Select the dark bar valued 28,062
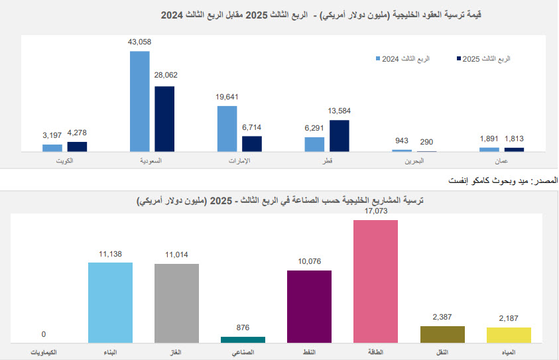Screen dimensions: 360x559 pyautogui.click(x=164, y=119)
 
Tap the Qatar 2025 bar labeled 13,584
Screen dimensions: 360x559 pyautogui.click(x=339, y=136)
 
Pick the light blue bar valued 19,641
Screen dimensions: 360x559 pyautogui.click(x=227, y=129)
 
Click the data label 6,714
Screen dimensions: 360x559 pyautogui.click(x=253, y=127)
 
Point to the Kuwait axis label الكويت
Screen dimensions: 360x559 pyautogui.click(x=64, y=161)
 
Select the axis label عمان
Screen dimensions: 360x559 pyautogui.click(x=501, y=161)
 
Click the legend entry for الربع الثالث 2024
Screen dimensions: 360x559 pyautogui.click(x=405, y=59)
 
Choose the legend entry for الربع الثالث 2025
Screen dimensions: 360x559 pyautogui.click(x=485, y=59)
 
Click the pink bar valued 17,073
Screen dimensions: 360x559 pyautogui.click(x=375, y=281)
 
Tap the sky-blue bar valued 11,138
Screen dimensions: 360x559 pyautogui.click(x=110, y=302)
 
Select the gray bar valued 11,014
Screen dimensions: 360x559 pyautogui.click(x=176, y=303)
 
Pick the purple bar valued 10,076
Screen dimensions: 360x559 pyautogui.click(x=309, y=306)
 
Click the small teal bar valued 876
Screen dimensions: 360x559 pyautogui.click(x=243, y=339)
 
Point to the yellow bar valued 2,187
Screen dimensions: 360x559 pyautogui.click(x=509, y=335)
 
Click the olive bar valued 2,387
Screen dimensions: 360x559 pyautogui.click(x=442, y=334)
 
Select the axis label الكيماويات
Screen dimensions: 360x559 pyautogui.click(x=44, y=351)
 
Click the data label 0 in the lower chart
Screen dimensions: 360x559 pyautogui.click(x=44, y=334)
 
